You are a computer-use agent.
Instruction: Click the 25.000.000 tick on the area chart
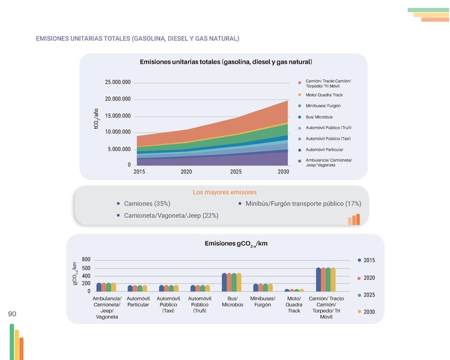pos(118,82)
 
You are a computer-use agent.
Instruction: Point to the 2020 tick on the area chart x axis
pos(186,171)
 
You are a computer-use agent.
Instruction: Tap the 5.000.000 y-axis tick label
pos(120,149)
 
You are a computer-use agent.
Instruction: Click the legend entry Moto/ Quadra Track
pos(324,95)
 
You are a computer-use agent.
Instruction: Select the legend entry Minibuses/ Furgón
pos(323,106)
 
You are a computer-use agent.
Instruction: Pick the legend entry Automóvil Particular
pos(324,150)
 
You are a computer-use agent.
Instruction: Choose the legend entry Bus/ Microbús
pos(319,117)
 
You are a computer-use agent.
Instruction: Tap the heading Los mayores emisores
pos(225,192)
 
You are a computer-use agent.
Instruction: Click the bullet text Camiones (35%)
pos(147,204)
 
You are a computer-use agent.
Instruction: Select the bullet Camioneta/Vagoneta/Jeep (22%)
pos(171,215)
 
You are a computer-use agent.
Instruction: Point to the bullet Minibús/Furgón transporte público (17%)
pos(303,204)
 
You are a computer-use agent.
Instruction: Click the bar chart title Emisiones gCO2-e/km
pos(236,243)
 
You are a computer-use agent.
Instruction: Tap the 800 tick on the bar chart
pos(86,260)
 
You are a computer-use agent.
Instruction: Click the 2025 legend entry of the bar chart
pos(369,294)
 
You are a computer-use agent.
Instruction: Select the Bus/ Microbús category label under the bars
pos(232,302)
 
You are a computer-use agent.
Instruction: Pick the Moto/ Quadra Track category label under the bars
pos(294,305)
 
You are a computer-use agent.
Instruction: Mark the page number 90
pos(12,314)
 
